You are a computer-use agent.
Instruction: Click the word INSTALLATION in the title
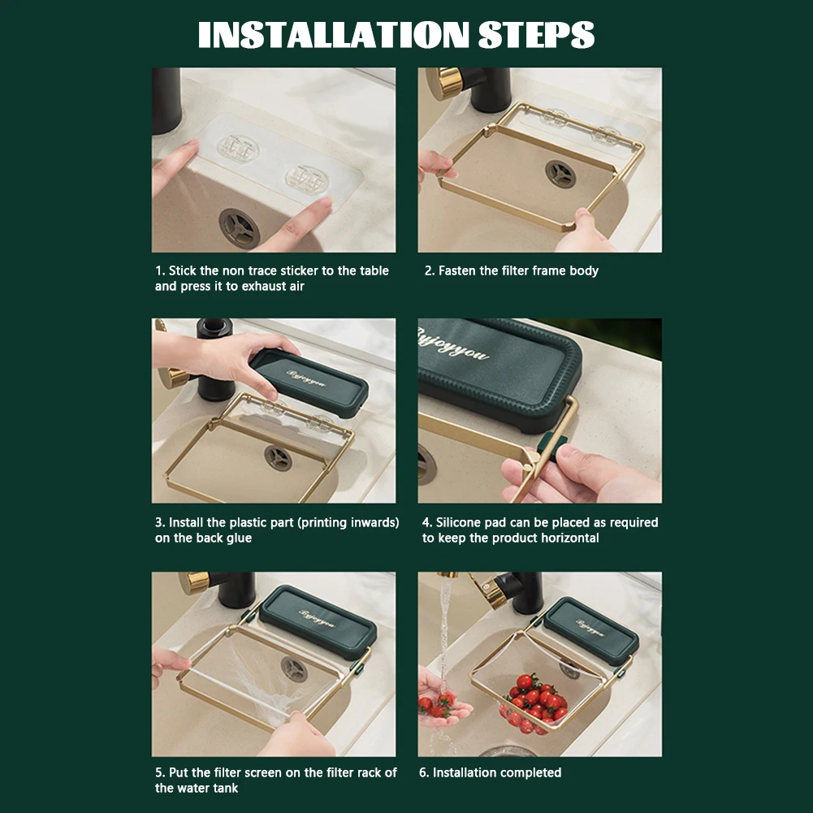(333, 35)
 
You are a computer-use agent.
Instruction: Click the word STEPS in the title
(535, 35)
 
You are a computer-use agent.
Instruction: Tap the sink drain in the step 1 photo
(239, 228)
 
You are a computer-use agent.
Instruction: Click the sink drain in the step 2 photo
(560, 174)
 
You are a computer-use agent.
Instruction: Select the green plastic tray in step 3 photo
(309, 383)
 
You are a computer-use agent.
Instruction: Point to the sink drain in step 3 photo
(278, 457)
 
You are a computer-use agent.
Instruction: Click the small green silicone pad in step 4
(553, 445)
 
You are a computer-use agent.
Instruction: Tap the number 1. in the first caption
(160, 270)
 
